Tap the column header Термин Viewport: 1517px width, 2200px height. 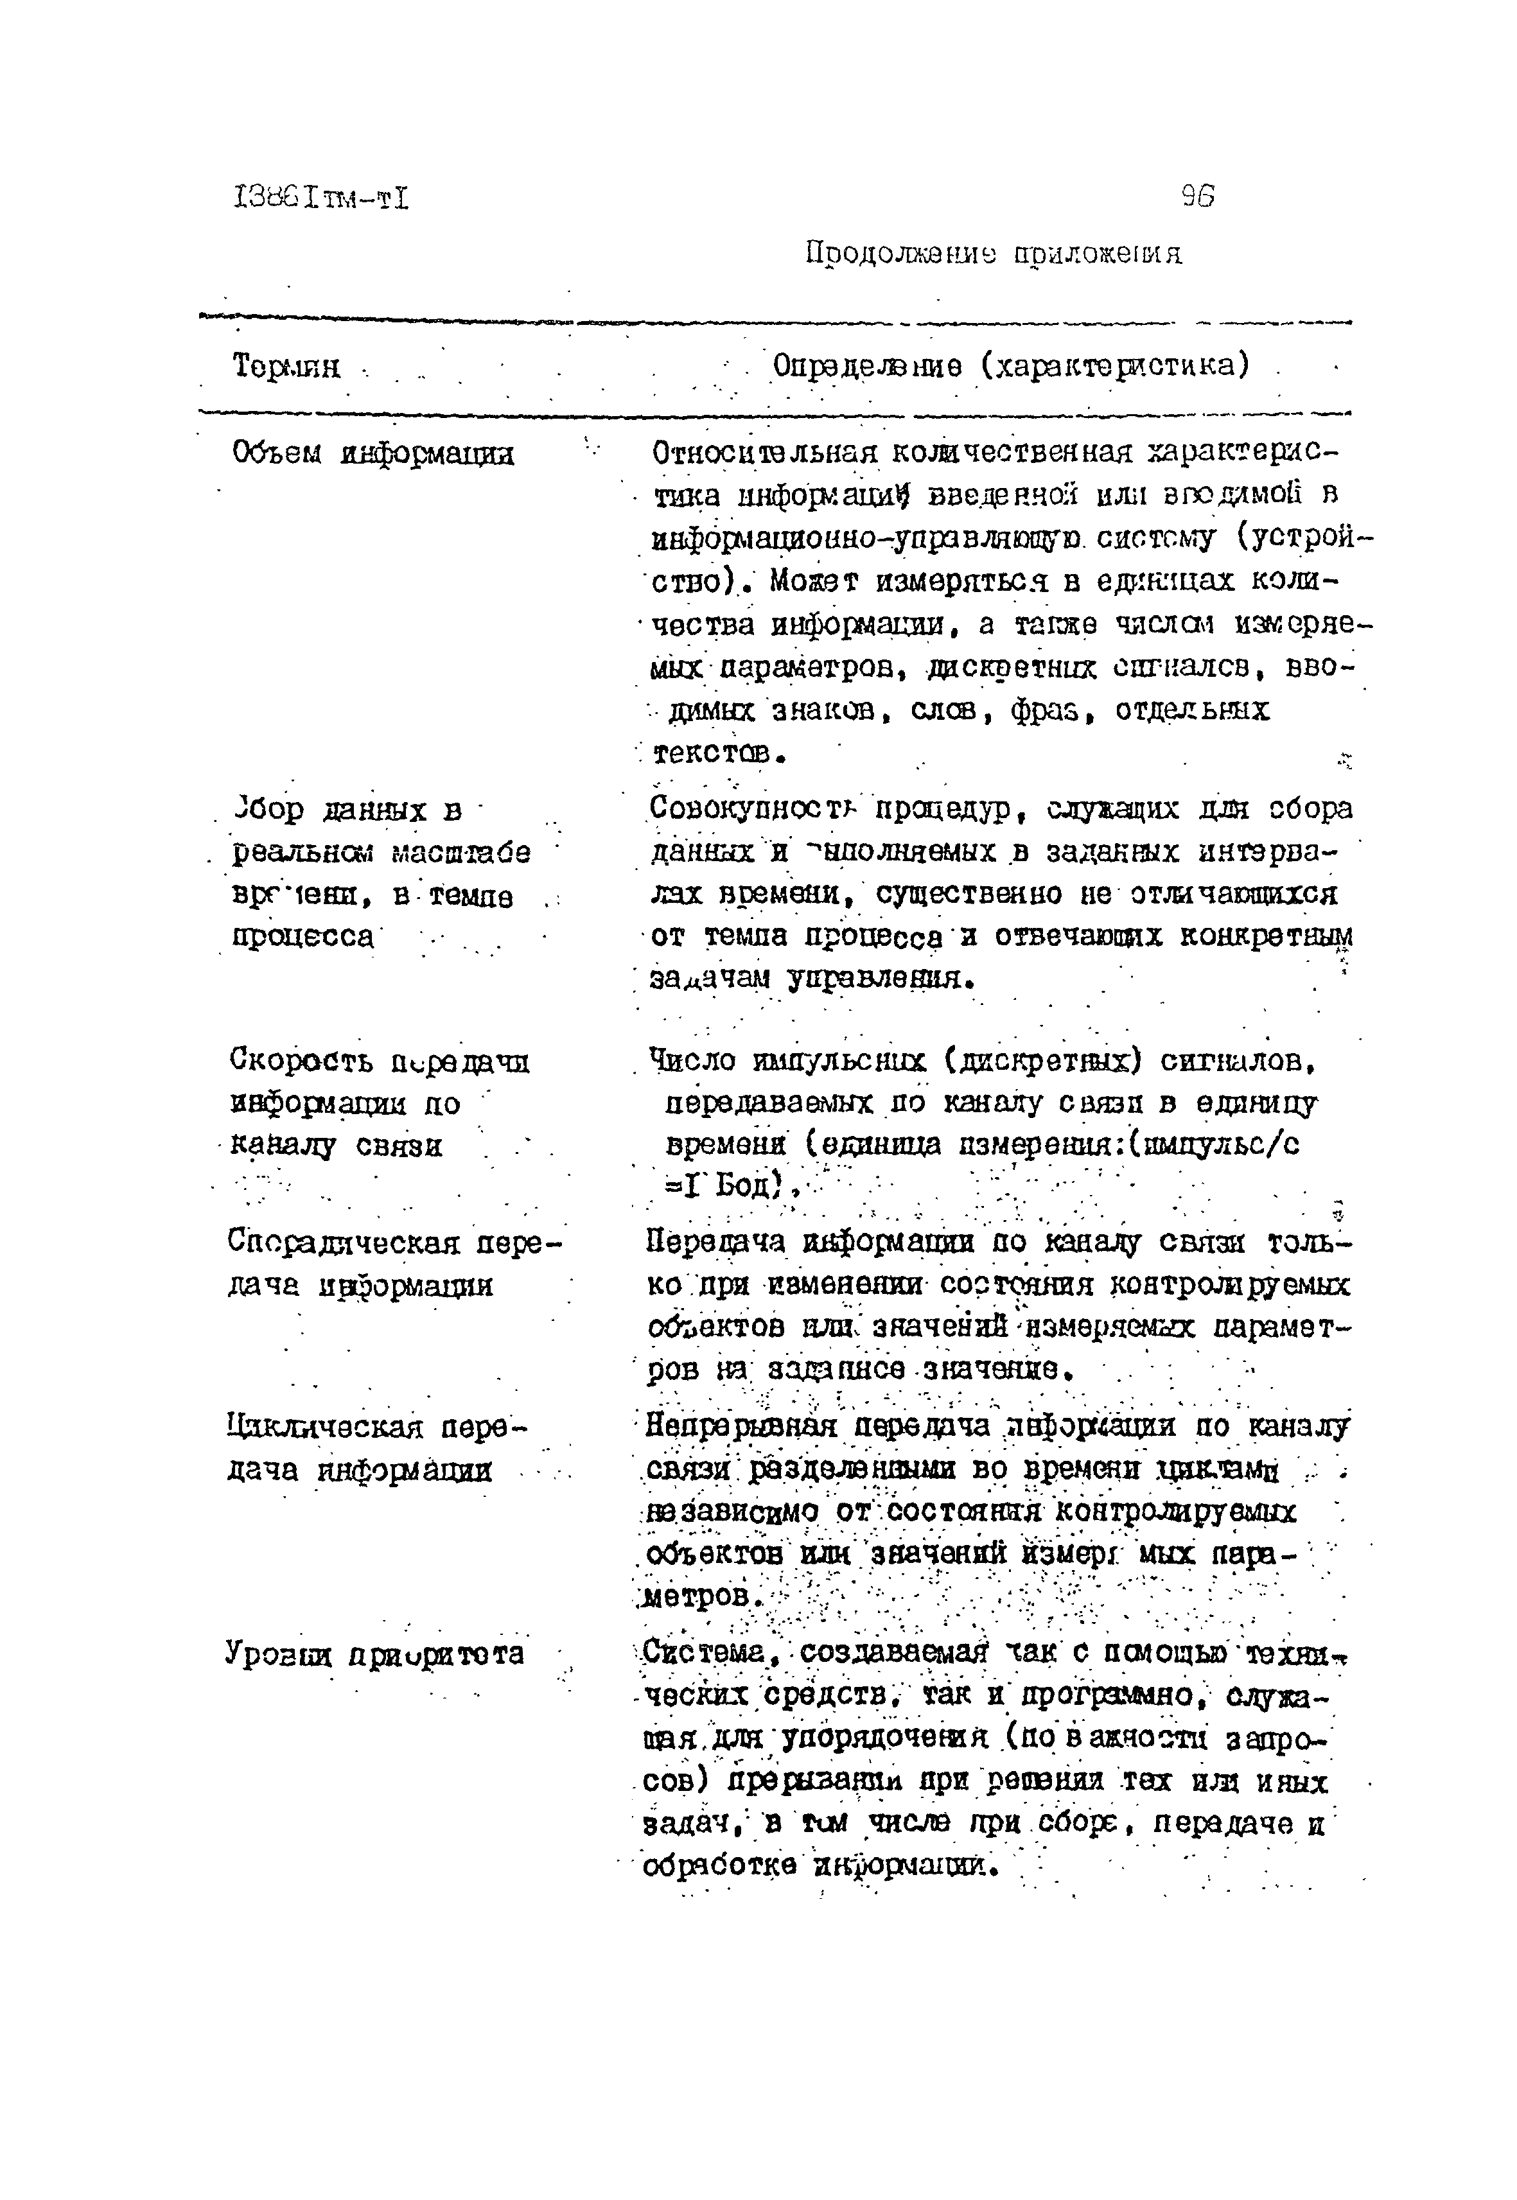coord(286,366)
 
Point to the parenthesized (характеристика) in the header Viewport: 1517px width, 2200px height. coord(1115,366)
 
